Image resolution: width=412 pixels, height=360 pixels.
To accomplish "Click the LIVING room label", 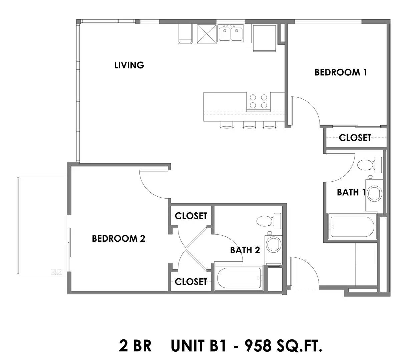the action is pos(129,65).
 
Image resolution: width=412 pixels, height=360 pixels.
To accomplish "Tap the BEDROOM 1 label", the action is pos(341,72).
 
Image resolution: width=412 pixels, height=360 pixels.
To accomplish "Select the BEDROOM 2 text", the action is pos(118,238).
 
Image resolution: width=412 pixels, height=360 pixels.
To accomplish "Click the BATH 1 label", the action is pos(351,192).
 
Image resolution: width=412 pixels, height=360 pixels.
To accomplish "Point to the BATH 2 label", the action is pos(245,250).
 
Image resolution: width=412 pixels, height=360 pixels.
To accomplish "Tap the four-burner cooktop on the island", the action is pos(258,102).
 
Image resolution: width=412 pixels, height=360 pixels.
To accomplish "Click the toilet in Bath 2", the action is pos(269,221).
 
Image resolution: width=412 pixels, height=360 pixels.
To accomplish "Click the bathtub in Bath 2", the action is pos(239,278).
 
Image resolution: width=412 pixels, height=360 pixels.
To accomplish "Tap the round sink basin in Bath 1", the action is pos(374,193).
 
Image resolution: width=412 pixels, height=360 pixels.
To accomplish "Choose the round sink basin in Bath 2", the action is pos(274,244).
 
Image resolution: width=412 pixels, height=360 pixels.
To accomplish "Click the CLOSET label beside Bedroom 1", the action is pos(355,138).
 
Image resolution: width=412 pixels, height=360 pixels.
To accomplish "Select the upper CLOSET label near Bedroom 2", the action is pos(191,216).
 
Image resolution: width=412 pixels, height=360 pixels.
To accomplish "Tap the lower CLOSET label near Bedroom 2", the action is pos(191,282).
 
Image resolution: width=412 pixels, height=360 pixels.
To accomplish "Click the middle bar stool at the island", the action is pos(249,125).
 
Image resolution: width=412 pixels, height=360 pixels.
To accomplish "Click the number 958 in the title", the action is pos(258,346).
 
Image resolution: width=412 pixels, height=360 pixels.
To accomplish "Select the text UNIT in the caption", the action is pos(188,346).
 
